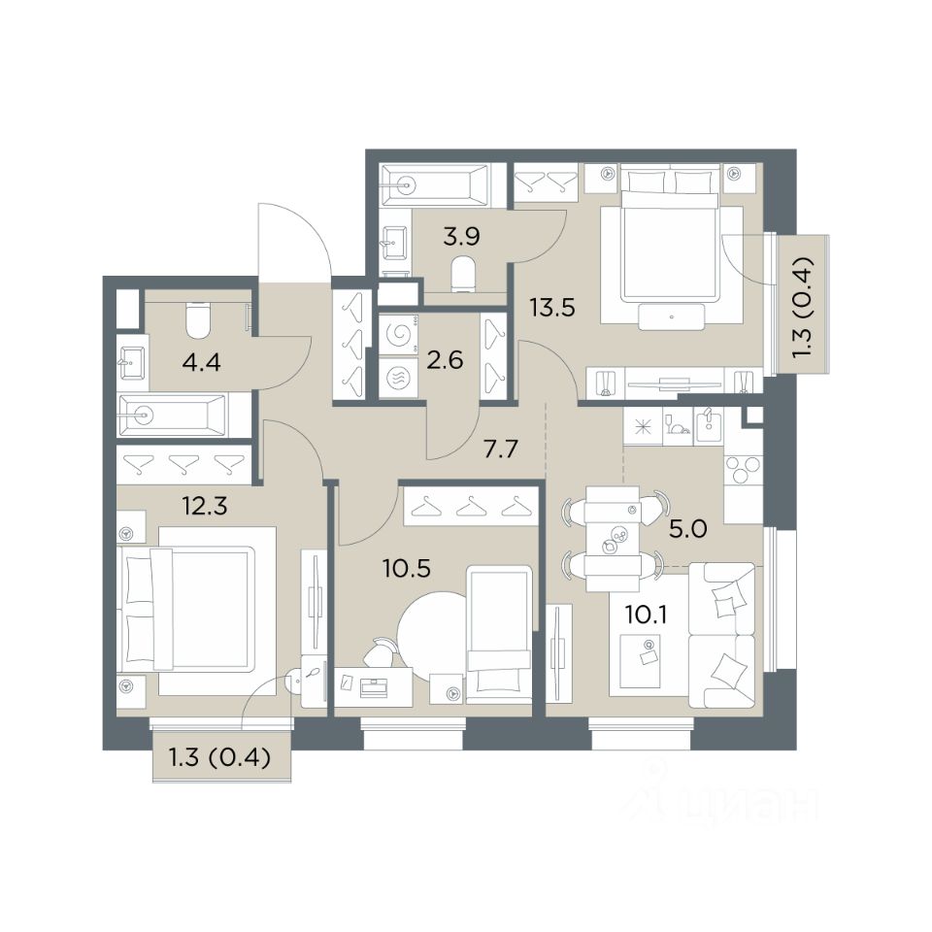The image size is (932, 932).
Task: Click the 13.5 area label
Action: [552, 308]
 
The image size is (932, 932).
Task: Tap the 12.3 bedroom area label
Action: [205, 507]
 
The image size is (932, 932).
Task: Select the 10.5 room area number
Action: [407, 569]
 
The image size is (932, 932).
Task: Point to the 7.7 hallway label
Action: [501, 449]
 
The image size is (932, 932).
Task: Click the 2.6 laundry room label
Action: [446, 360]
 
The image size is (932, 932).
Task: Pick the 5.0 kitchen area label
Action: [687, 528]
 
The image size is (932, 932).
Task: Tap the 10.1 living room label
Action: [647, 615]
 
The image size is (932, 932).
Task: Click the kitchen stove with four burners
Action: [742, 469]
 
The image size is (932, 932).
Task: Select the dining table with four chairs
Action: [613, 539]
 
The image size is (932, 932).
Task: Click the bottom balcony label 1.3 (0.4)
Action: [220, 758]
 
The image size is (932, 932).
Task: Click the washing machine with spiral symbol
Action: [398, 335]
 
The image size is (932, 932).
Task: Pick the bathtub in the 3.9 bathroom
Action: [435, 185]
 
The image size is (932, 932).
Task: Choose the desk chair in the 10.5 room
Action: [381, 652]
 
